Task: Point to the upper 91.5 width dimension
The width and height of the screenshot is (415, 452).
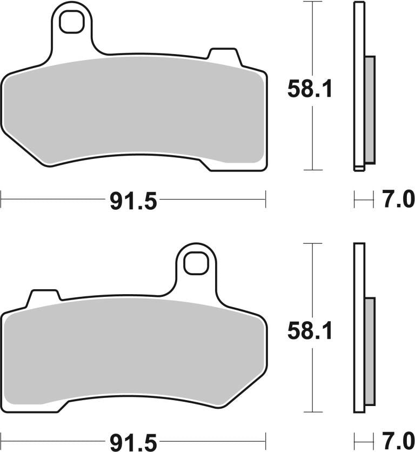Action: (133, 202)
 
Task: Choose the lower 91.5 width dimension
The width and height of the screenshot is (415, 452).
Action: (133, 442)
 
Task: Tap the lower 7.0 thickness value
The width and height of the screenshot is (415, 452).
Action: (398, 441)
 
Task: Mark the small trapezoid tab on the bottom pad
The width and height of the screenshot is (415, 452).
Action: (44, 297)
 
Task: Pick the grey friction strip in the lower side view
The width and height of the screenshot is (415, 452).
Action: (369, 352)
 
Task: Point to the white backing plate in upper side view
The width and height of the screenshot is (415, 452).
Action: (358, 87)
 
